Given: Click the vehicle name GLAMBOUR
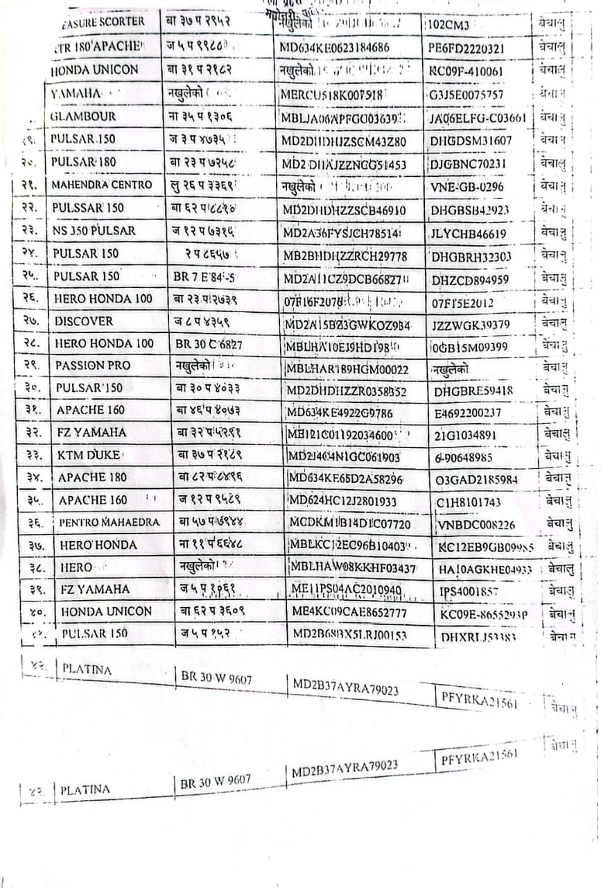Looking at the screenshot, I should coord(83,117).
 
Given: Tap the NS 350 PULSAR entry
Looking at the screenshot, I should coord(94,230).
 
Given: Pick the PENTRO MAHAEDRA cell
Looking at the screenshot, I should coord(110,522).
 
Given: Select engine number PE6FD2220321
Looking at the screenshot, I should coord(467,49).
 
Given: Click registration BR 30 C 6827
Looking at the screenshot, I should coord(208,343).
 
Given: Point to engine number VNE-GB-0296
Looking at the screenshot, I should coord(467,187).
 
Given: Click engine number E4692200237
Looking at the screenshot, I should coord(468,413).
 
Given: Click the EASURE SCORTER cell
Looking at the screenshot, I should coord(103,22).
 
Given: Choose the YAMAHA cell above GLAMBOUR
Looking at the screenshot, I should coord(76,94).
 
